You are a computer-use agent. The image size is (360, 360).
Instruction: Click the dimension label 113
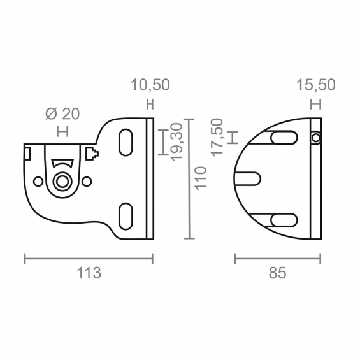point(89,273)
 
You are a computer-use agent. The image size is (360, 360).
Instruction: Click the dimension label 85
point(278,273)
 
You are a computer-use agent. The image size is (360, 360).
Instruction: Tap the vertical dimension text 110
point(201,178)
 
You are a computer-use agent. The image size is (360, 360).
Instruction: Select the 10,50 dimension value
point(150,85)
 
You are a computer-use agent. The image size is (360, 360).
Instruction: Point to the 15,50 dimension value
point(316,85)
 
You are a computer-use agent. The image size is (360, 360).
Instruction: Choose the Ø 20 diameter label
point(62,114)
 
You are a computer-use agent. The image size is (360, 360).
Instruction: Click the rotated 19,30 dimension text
point(176,142)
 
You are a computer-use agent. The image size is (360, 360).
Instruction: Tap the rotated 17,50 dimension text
point(217,138)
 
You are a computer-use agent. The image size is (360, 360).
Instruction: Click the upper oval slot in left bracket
point(126,142)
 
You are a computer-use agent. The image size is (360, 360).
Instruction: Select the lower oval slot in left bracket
point(126,216)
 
